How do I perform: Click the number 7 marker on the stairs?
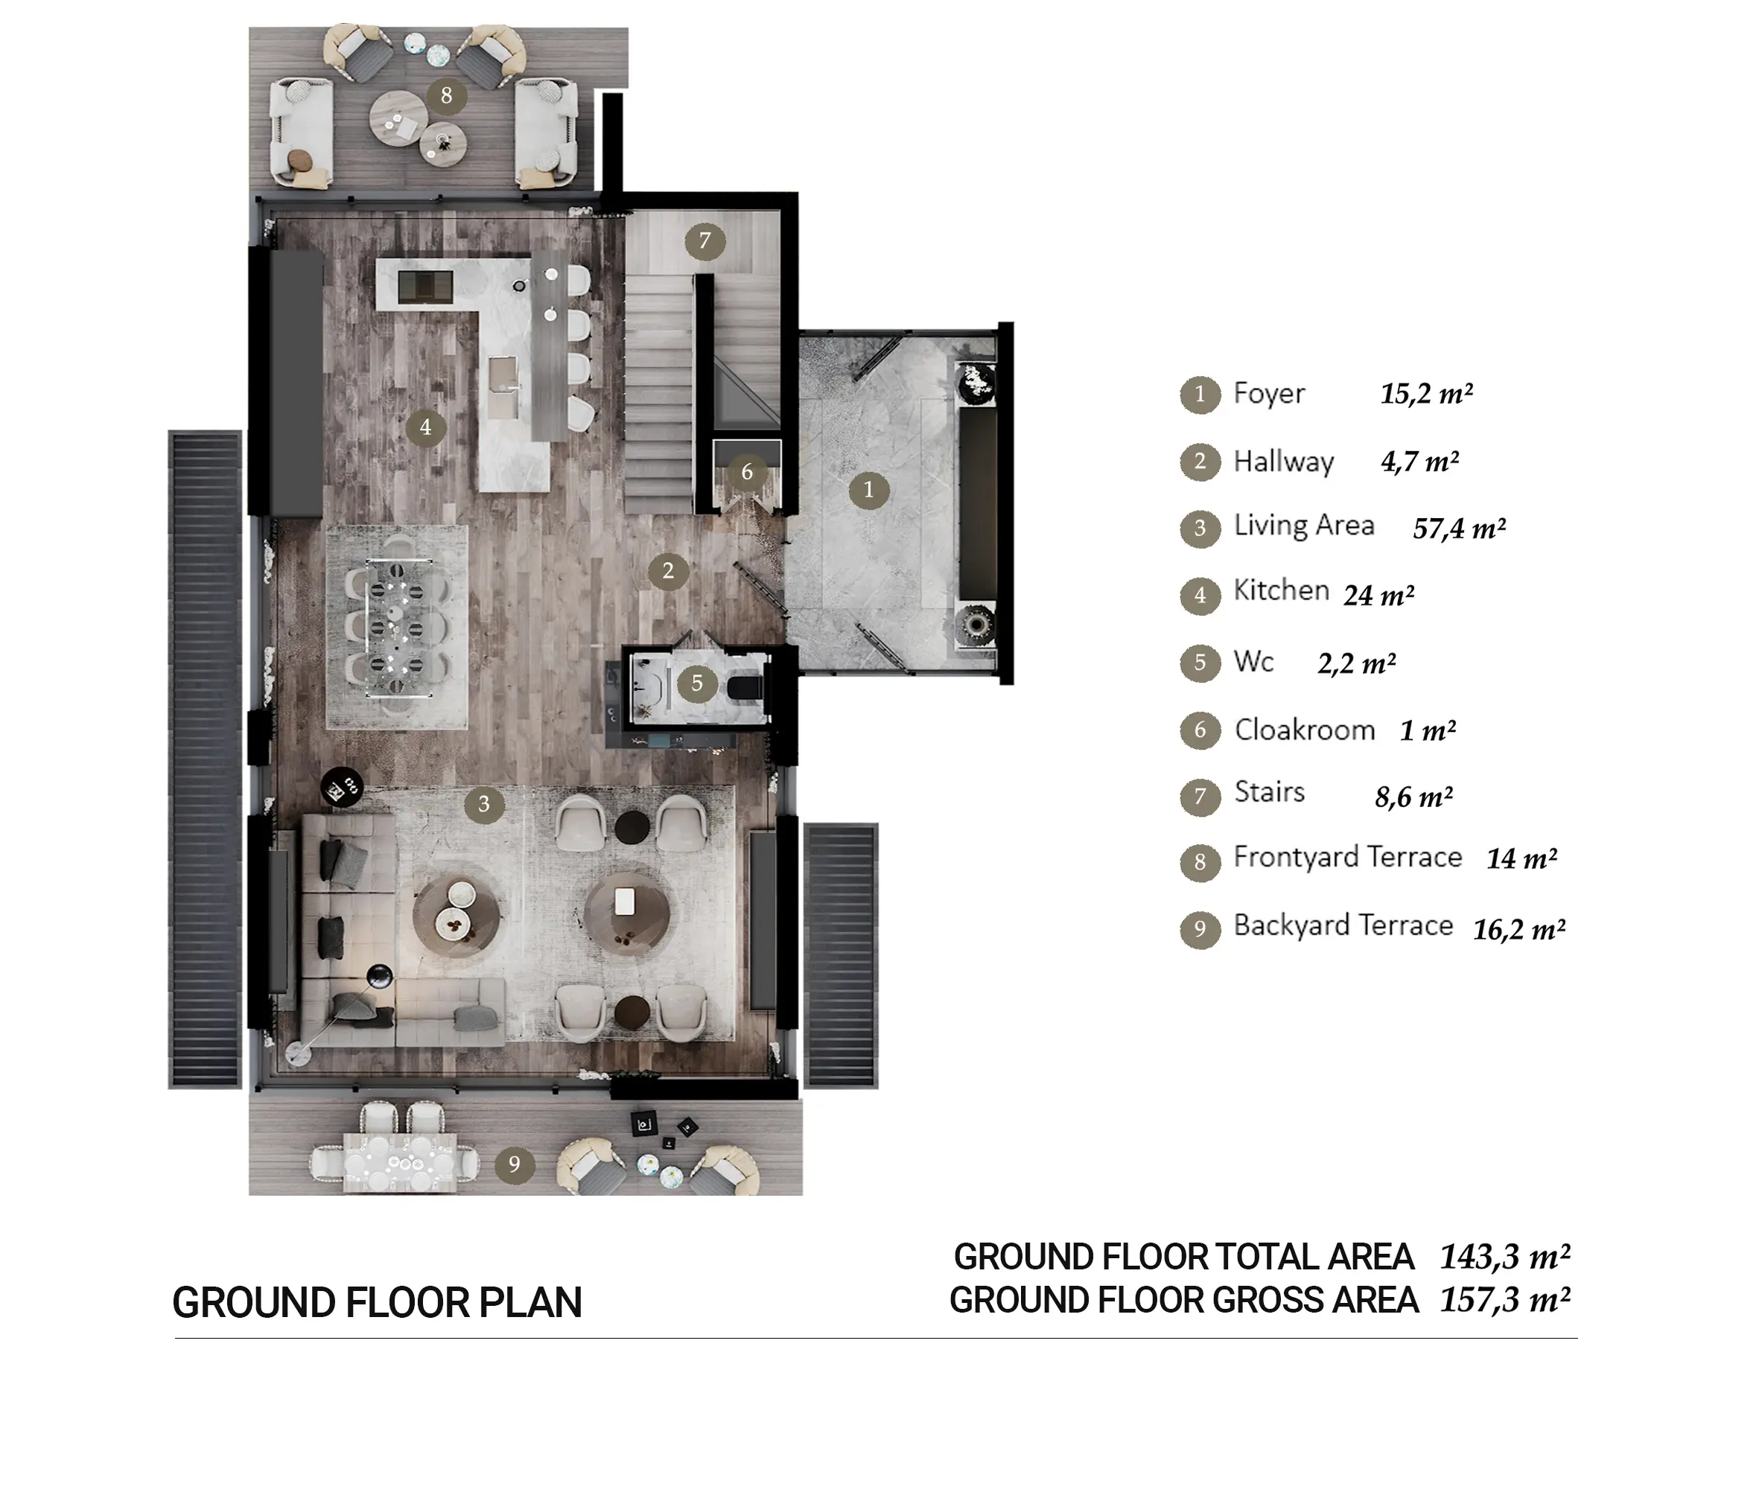pyautogui.click(x=704, y=241)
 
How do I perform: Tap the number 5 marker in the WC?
pyautogui.click(x=697, y=683)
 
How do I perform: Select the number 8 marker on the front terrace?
pyautogui.click(x=447, y=96)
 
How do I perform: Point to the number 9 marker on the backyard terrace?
pyautogui.click(x=514, y=1164)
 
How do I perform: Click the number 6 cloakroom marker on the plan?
pyautogui.click(x=747, y=472)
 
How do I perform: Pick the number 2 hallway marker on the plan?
pyautogui.click(x=668, y=571)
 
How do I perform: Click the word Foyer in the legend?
pyautogui.click(x=1268, y=393)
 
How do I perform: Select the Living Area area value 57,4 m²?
pyautogui.click(x=1459, y=529)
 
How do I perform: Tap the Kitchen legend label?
pyautogui.click(x=1281, y=590)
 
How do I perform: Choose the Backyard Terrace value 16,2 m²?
pyautogui.click(x=1519, y=930)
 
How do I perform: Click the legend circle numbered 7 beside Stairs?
pyautogui.click(x=1200, y=797)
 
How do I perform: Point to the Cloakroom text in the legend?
pyautogui.click(x=1304, y=730)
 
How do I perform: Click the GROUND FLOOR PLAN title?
pyautogui.click(x=378, y=1303)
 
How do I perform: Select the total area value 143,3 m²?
pyautogui.click(x=1505, y=1257)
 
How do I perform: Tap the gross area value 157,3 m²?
pyautogui.click(x=1505, y=1300)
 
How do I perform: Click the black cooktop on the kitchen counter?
pyautogui.click(x=425, y=286)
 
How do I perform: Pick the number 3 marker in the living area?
pyautogui.click(x=484, y=803)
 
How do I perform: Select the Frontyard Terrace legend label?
pyautogui.click(x=1348, y=857)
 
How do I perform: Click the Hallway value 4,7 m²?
pyautogui.click(x=1420, y=462)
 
